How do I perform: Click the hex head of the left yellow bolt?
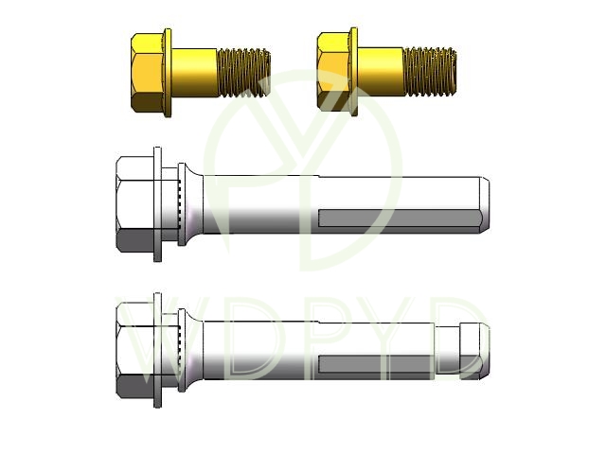[148, 73]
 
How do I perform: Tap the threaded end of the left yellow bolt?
[243, 73]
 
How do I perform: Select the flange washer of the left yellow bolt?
[168, 72]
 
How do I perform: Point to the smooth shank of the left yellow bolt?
[194, 73]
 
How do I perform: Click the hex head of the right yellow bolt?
[333, 72]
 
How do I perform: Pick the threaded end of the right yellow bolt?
[429, 72]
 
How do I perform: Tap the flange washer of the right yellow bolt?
[353, 72]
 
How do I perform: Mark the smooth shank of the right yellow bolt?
[381, 72]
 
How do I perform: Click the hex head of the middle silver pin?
[134, 204]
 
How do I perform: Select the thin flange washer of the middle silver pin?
[157, 204]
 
